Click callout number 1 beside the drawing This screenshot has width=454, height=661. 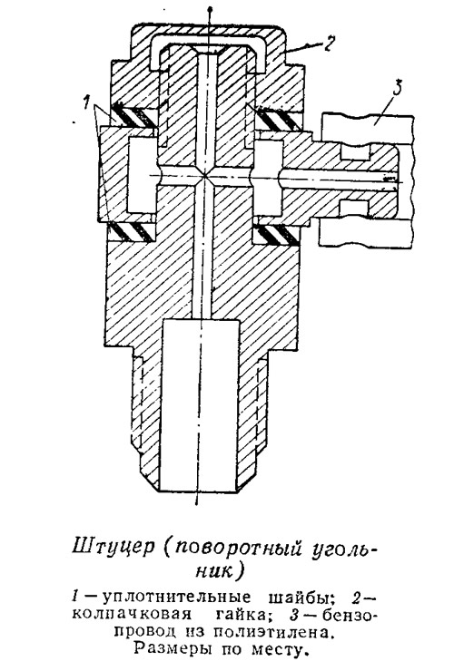pos(86,102)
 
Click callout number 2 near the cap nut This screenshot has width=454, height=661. pos(329,44)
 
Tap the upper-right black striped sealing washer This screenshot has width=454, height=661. pos(278,117)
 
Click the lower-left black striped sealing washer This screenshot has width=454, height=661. pos(131,233)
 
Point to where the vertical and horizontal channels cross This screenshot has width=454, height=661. pos(205,176)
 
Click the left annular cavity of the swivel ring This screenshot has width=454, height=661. pos(141,176)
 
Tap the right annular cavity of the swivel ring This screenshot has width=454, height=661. pos(268,177)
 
